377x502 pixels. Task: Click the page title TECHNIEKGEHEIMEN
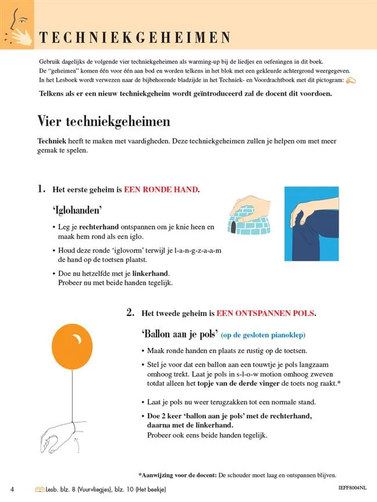coord(135,38)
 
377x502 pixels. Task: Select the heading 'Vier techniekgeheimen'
coord(104,121)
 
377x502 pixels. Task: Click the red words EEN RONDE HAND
coord(161,189)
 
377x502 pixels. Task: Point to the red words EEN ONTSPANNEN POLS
coord(265,313)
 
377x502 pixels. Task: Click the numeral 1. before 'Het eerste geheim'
coord(41,189)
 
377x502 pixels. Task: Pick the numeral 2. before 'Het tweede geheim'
coord(131,313)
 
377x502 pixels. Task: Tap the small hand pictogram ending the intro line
coord(351,80)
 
